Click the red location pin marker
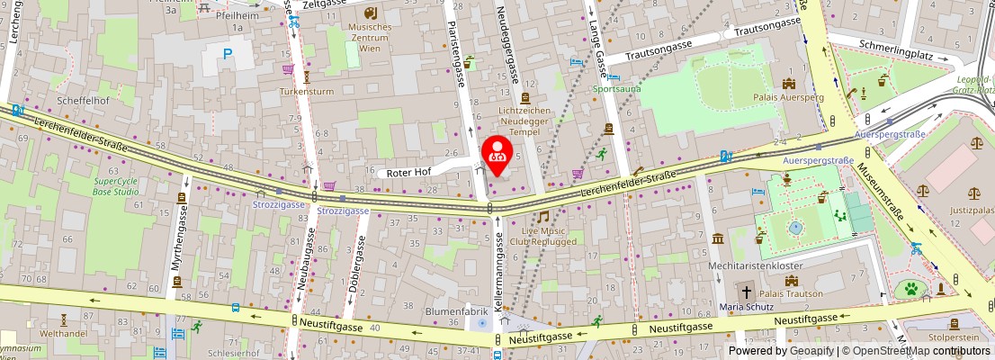497,154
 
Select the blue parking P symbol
227,55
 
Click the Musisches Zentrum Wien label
370,37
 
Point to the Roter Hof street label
408,172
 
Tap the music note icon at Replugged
542,217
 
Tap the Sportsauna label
617,90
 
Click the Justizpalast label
972,211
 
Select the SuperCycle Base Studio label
116,185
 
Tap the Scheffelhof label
83,100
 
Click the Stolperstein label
954,337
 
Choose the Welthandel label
63,333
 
